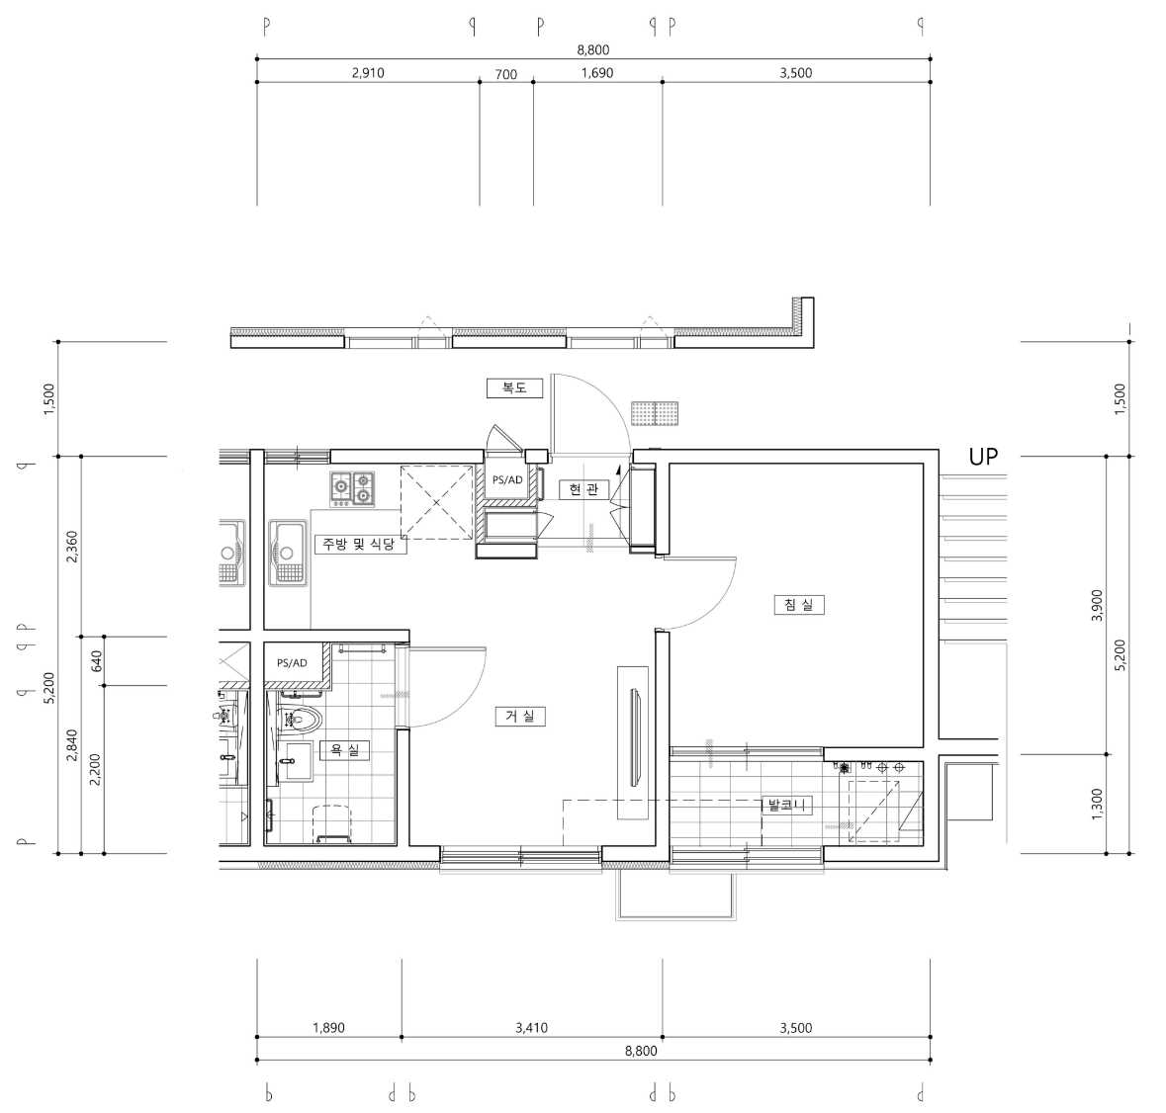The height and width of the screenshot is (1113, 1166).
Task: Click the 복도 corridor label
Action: click(x=514, y=387)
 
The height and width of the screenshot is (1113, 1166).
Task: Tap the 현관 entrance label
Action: click(x=583, y=489)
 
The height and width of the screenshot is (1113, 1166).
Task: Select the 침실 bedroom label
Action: click(x=799, y=604)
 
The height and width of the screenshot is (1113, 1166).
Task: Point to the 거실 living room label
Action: click(x=520, y=716)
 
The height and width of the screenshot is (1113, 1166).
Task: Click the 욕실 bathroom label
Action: click(x=344, y=749)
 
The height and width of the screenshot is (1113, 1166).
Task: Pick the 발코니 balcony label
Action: click(x=787, y=805)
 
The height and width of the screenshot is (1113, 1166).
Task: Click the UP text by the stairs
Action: click(x=982, y=457)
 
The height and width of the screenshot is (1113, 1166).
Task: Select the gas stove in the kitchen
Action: click(x=352, y=488)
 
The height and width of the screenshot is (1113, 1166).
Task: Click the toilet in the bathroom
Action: click(x=300, y=720)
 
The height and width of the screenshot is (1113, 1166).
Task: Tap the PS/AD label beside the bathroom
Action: click(x=292, y=662)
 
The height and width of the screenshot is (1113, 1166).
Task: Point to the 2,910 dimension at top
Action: click(x=368, y=73)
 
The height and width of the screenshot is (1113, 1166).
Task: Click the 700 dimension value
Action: click(x=505, y=74)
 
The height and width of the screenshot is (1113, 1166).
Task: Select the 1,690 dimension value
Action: click(x=597, y=73)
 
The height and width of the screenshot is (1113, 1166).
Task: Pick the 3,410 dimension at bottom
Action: click(x=532, y=1028)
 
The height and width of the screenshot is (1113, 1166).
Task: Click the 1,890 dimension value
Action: click(x=328, y=1028)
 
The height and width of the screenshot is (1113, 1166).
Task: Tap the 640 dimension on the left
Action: click(x=96, y=660)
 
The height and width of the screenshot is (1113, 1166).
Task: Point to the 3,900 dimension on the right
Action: click(x=1097, y=605)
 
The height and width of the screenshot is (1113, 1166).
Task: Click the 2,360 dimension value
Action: click(x=72, y=546)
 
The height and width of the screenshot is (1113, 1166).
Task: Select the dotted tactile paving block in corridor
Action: click(x=655, y=413)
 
